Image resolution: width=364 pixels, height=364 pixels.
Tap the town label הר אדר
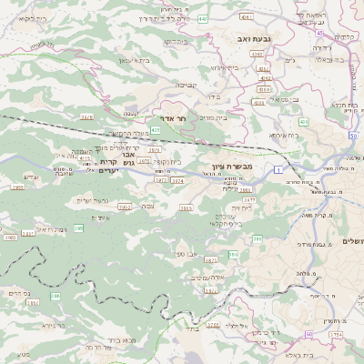pyautogui.click(x=186, y=118)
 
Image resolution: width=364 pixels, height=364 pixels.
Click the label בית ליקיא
pyautogui.click(x=28, y=18)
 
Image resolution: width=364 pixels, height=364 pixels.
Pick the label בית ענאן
pyautogui.click(x=133, y=59)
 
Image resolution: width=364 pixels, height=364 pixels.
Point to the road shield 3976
pyautogui.click(x=177, y=181)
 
